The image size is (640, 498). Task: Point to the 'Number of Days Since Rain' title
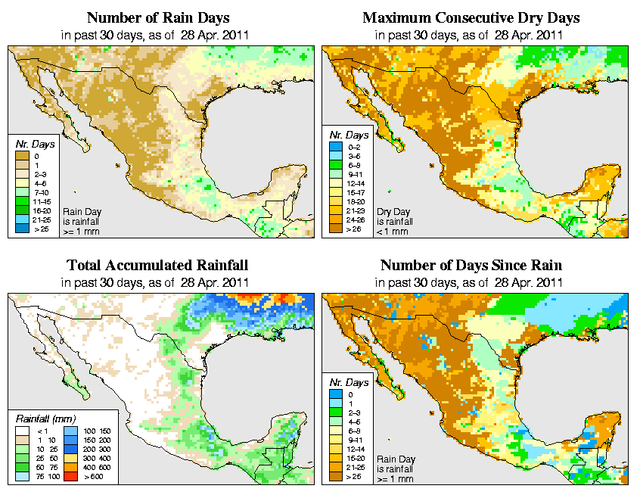[471, 266]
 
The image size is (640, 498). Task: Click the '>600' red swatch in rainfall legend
[69, 478]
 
